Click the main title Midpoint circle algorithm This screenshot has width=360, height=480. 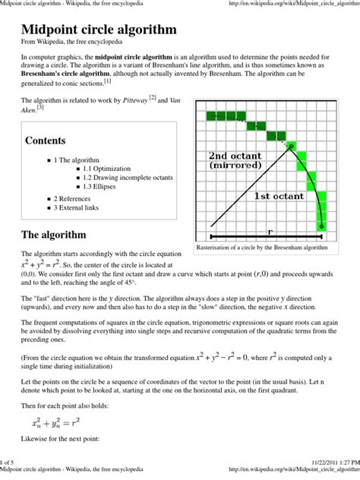point(99,30)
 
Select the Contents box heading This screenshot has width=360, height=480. point(45,141)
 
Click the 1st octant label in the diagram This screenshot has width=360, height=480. point(278,195)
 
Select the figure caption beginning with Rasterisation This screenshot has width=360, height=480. point(262,248)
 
